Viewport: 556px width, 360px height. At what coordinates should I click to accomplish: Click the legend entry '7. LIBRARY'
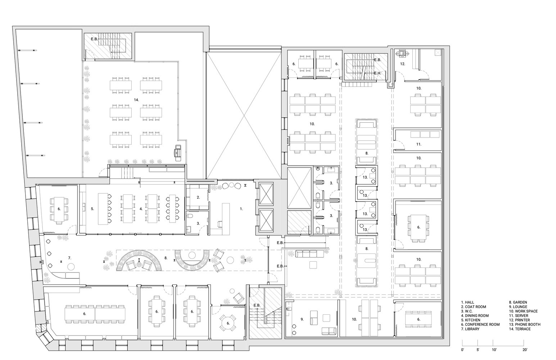point(470,329)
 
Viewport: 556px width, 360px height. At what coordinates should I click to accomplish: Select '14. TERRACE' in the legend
point(520,329)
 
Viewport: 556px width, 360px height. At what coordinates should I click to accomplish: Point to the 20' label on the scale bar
point(525,350)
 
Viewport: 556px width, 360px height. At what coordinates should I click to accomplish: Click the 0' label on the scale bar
point(462,350)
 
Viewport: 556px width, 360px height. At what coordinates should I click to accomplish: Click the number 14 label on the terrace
point(136,99)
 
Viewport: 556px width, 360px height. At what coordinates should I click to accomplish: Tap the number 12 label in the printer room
point(403,64)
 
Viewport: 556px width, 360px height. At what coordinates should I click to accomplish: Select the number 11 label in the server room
point(419,144)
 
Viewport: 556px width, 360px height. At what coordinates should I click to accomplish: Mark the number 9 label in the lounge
point(302,319)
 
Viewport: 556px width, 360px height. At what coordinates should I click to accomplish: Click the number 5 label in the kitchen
point(92,208)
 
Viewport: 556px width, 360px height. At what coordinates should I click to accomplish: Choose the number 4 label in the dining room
point(141,208)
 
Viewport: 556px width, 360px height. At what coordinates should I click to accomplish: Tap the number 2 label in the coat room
point(198,197)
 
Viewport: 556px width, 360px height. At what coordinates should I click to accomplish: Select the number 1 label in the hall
point(241,208)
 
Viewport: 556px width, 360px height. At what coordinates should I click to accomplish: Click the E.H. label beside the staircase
point(378,73)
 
